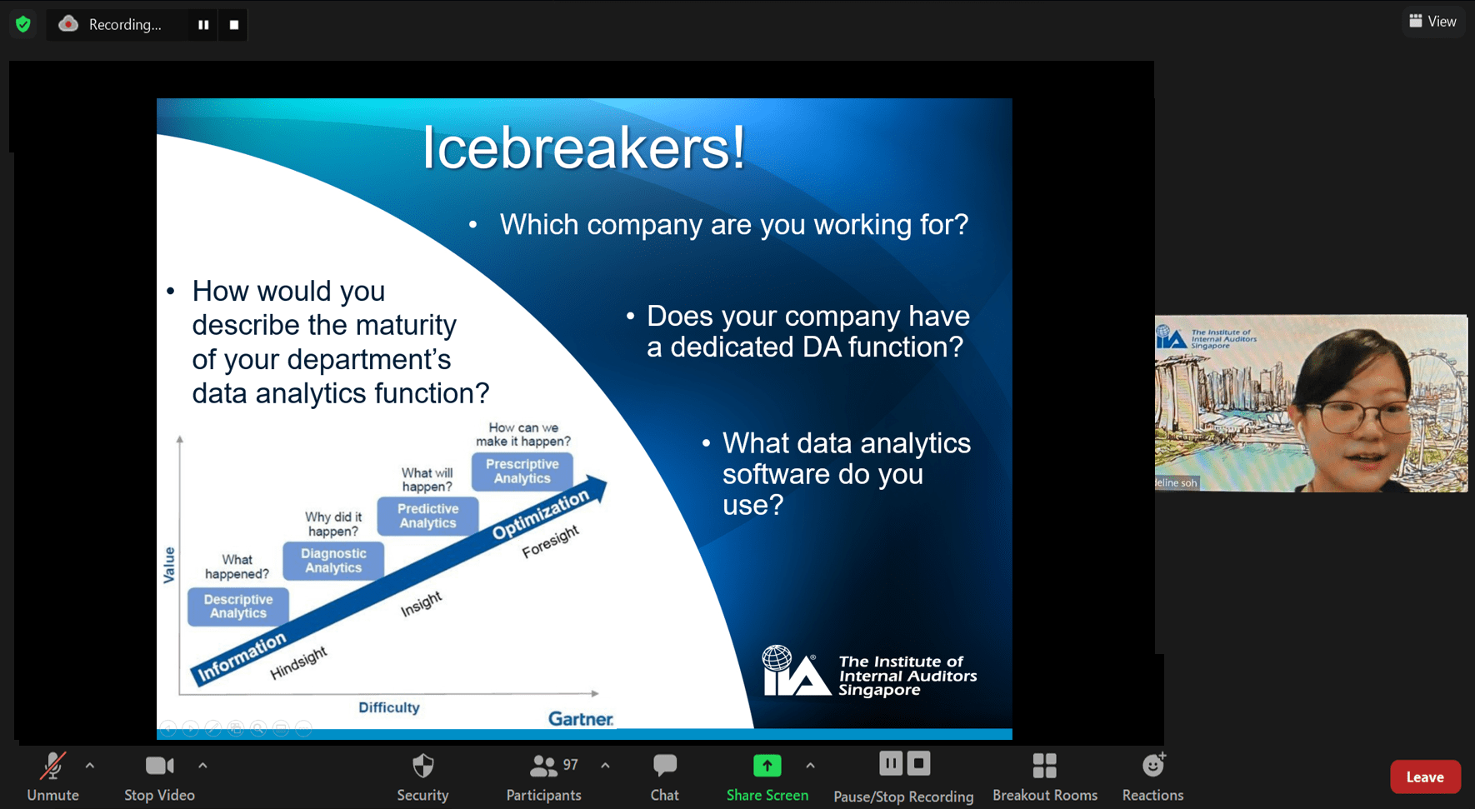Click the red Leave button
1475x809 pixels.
coord(1425,777)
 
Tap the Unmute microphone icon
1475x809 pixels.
coord(53,765)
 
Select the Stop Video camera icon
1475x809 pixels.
coord(159,765)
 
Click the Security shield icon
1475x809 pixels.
coord(423,765)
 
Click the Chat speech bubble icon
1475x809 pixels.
coord(665,765)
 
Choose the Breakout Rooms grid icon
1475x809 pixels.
coord(1044,765)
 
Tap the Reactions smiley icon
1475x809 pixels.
coord(1153,764)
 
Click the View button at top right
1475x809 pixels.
coord(1432,22)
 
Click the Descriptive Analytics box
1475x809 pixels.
coord(238,606)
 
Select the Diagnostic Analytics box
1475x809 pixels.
coord(333,561)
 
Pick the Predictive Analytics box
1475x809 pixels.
coord(427,516)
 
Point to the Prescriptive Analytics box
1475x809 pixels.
coord(522,471)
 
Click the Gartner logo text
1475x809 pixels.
coord(581,718)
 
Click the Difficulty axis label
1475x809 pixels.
coord(389,707)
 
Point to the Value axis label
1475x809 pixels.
coord(169,565)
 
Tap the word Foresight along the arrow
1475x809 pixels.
coord(550,542)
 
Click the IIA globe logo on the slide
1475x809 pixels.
coord(777,658)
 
